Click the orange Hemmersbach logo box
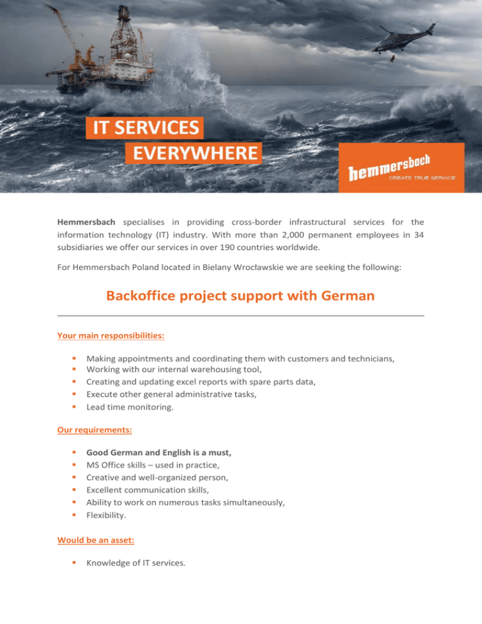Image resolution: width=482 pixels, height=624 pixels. (x=401, y=168)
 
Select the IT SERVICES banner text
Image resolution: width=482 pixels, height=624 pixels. (x=144, y=128)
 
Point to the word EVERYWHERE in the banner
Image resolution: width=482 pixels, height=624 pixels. (x=193, y=153)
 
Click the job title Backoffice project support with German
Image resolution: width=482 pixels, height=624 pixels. (x=240, y=296)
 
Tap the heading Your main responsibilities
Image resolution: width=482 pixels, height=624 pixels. (x=110, y=335)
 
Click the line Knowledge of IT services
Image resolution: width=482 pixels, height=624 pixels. (x=136, y=562)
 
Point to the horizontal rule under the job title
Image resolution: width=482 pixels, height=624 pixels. (x=240, y=316)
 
